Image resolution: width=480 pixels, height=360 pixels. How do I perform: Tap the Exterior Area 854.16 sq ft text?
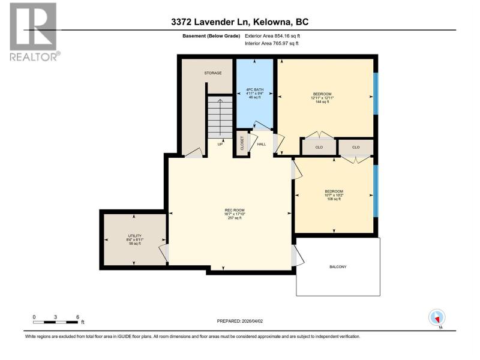[x=272, y=36]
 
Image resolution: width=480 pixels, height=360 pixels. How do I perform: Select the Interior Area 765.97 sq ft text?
[x=272, y=43]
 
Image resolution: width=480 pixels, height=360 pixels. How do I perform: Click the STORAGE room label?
[x=213, y=73]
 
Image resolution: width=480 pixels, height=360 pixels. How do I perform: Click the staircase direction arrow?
[x=220, y=117]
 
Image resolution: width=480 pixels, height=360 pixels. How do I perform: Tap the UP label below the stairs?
[x=220, y=144]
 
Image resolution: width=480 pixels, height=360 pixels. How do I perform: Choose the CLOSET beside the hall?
[x=242, y=143]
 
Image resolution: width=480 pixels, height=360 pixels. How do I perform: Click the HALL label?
[x=262, y=144]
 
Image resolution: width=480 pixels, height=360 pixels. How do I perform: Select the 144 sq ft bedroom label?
[x=322, y=98]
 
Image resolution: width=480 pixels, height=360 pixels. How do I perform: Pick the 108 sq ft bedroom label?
[x=334, y=195]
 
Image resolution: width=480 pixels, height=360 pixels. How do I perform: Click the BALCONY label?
[x=338, y=267]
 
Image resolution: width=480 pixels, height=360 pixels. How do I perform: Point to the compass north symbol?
[x=437, y=318]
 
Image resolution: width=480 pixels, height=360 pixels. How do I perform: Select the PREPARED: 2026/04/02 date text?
[x=239, y=321]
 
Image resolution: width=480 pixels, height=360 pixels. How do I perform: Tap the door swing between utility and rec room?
[x=163, y=253]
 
